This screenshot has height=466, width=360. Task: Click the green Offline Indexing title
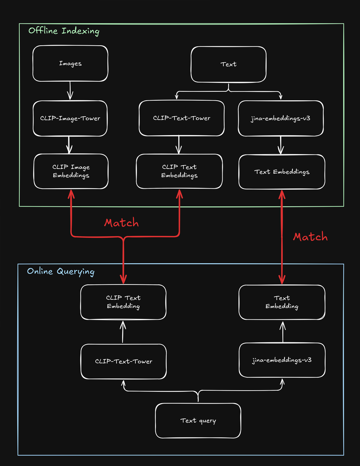coord(64,31)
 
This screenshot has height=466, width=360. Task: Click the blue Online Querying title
coord(61,271)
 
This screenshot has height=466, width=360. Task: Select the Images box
coord(70,63)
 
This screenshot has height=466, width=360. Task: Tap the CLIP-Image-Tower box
coord(70,118)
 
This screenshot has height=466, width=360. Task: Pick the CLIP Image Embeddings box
coord(71,171)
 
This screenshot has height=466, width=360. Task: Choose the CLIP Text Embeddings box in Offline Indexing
coord(179,171)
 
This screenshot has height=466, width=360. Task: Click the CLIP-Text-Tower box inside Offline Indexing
coord(181,118)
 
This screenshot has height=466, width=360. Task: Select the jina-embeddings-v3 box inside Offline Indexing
coord(281,118)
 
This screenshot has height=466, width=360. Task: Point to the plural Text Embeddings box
coord(282,172)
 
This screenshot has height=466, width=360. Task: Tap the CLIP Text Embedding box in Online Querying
coord(123,302)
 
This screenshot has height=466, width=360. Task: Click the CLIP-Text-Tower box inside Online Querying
coord(124,361)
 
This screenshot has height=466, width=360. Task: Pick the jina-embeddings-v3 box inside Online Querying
coord(282,360)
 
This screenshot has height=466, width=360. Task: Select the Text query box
coord(198,421)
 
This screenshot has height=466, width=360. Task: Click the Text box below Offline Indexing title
coord(228,64)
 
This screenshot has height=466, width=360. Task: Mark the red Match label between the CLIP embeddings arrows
coord(121,223)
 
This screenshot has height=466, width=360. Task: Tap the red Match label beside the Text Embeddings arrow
coord(310,237)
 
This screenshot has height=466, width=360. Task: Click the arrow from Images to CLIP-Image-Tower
coord(70,91)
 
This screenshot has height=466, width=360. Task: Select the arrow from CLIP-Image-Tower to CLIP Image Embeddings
coord(69,145)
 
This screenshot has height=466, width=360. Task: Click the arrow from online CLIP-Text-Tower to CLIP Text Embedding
coord(123,332)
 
